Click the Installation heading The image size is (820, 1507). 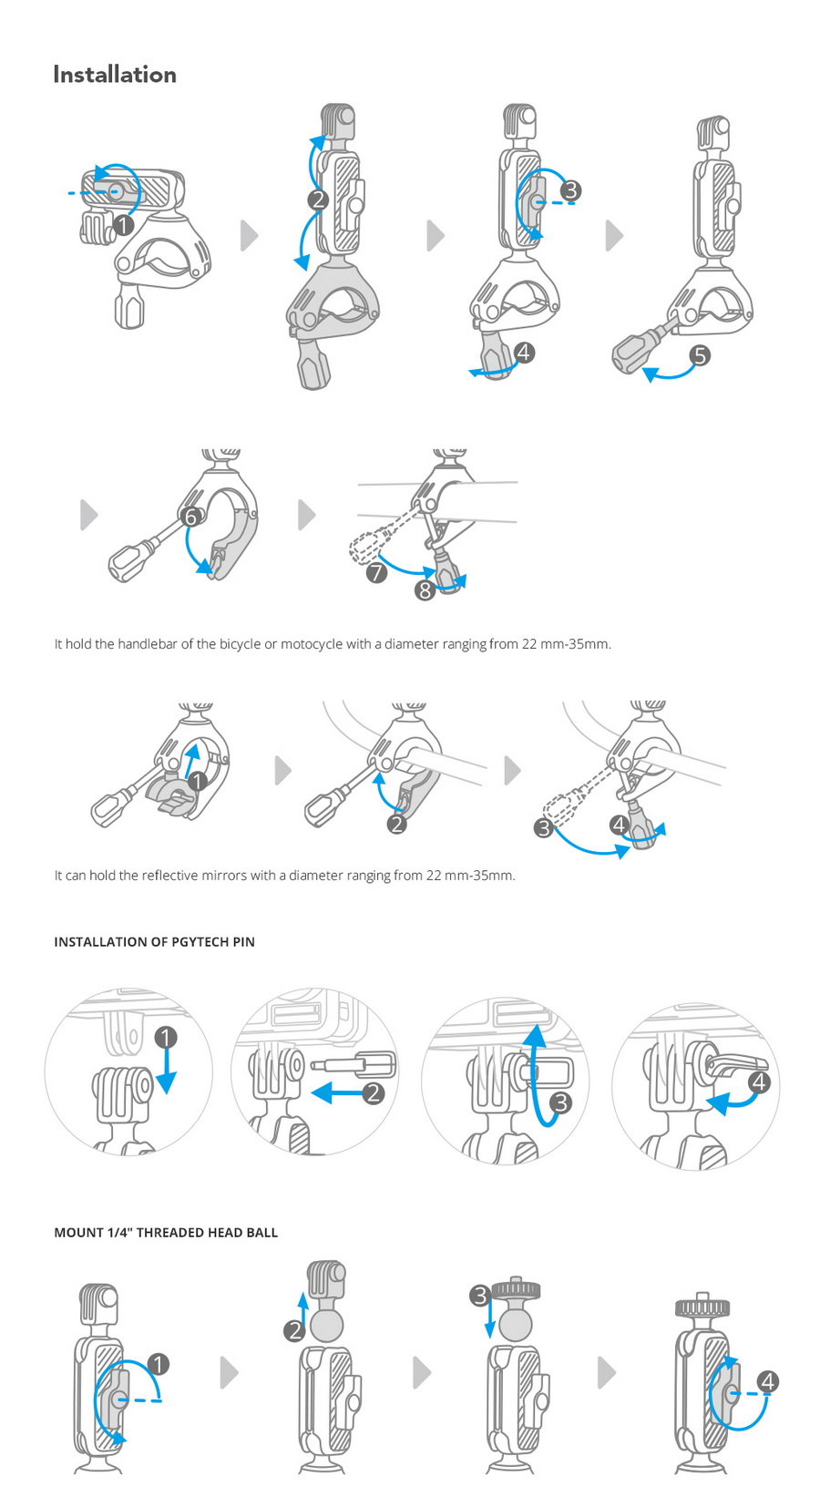click(115, 75)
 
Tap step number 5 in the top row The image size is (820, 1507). click(699, 355)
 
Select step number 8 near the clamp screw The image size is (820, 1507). click(425, 590)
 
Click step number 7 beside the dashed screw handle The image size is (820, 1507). click(376, 572)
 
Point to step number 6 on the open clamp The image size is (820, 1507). click(190, 517)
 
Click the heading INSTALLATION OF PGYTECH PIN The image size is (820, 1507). click(154, 942)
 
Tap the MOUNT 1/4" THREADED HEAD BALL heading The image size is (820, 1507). click(166, 1233)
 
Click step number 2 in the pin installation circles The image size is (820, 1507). click(373, 1092)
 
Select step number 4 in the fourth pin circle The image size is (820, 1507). click(759, 1082)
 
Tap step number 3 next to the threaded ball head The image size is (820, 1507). click(480, 1295)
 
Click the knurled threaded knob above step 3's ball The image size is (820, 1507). click(517, 1289)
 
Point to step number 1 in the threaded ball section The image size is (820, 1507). click(158, 1364)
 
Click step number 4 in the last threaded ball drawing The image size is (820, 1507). click(768, 1381)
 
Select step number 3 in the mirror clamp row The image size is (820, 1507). click(544, 828)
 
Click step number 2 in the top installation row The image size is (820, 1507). click(318, 200)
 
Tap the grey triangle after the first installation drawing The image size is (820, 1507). click(249, 235)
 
